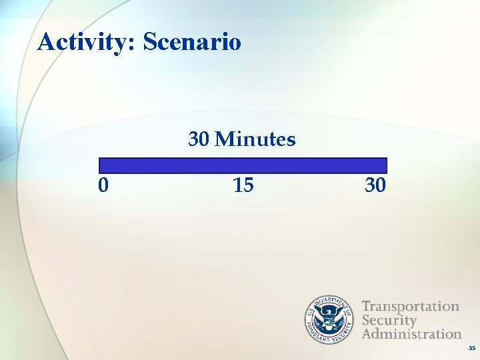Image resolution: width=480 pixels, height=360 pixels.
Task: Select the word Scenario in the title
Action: coord(192,42)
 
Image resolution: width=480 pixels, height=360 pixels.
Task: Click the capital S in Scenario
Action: coord(150,42)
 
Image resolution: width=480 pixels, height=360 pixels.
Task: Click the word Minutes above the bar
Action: coord(256,139)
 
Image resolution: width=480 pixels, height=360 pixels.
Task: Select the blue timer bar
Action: coord(243,165)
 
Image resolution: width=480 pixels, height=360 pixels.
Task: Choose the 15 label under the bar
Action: coord(243,185)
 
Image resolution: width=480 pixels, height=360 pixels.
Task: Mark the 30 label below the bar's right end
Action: coord(375,185)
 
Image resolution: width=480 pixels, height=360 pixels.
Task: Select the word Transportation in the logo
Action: coord(411,307)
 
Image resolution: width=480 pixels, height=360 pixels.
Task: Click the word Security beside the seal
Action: coord(389,320)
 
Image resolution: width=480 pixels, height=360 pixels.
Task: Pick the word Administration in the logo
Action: coord(411,333)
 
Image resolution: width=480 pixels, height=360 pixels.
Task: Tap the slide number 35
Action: coord(471,349)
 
